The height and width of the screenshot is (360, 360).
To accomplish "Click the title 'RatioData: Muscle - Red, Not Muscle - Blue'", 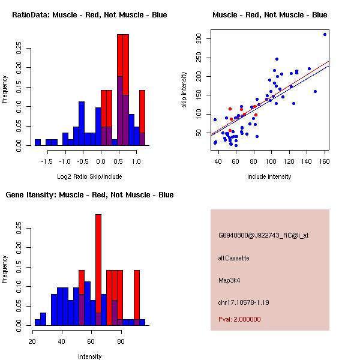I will click(89, 14).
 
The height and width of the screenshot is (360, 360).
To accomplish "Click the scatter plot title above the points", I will click(270, 14).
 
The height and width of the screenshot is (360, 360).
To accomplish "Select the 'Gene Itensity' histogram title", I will click(89, 195).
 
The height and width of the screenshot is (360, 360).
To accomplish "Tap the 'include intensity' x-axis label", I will click(269, 176).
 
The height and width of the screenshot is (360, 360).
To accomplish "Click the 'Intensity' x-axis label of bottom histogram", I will click(89, 356).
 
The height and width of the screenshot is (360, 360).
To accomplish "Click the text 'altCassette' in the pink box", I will click(233, 258).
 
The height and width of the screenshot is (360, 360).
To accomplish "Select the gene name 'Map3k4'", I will click(230, 280).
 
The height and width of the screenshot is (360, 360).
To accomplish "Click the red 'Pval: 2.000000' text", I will click(239, 319).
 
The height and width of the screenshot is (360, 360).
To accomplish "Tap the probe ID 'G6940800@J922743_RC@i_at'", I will click(263, 236).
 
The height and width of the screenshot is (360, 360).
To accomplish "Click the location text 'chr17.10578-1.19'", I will click(243, 302).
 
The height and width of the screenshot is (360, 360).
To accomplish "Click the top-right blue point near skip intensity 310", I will click(325, 34).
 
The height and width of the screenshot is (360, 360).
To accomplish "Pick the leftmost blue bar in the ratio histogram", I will click(37, 142).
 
